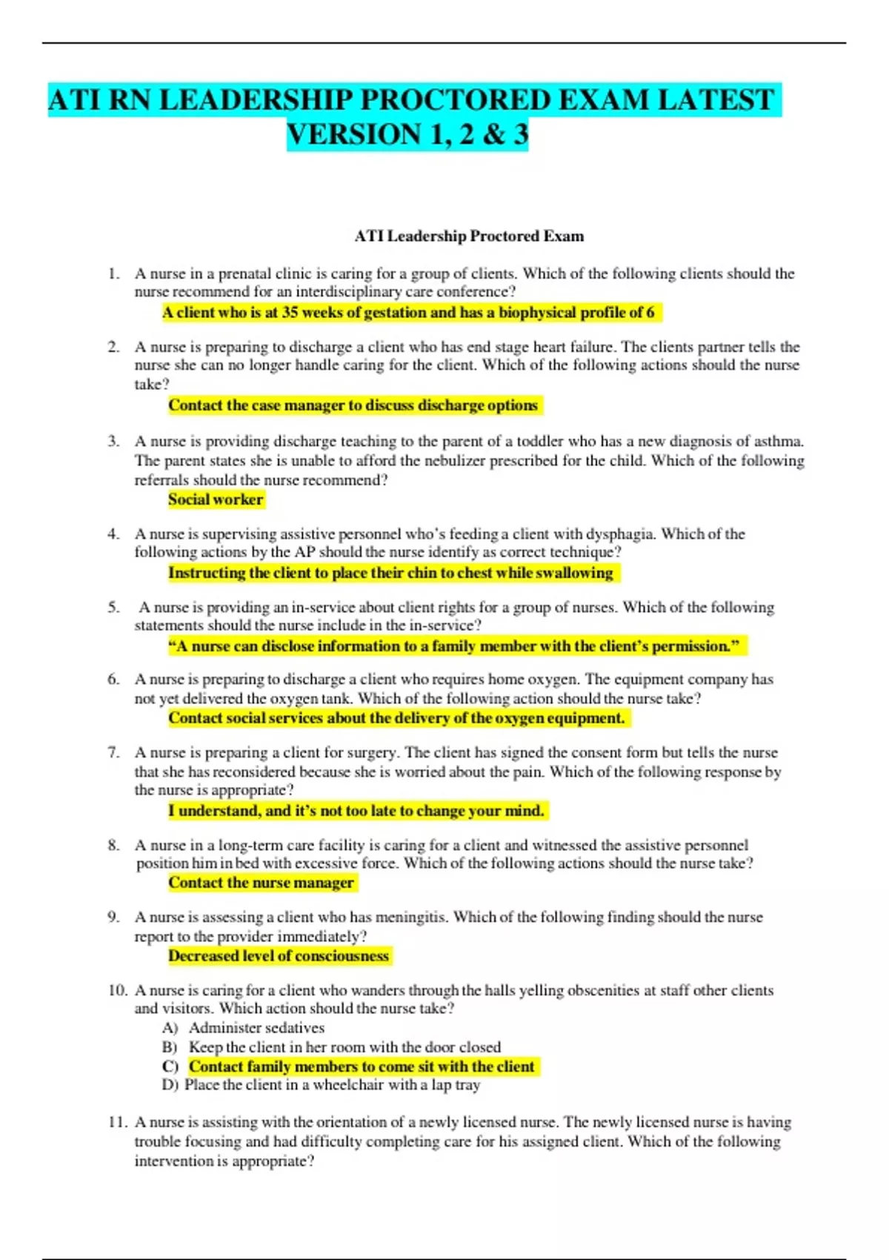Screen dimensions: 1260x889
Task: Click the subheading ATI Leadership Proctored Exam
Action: click(x=469, y=236)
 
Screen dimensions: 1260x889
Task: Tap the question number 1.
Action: click(x=113, y=273)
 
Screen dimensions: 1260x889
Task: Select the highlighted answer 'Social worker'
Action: click(x=216, y=500)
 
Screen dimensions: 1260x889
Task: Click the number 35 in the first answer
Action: click(x=290, y=313)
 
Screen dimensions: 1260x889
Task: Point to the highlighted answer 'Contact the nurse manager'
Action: click(x=261, y=883)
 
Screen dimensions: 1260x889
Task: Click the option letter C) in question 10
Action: click(x=170, y=1067)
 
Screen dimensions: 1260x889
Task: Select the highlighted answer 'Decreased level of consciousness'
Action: click(x=279, y=956)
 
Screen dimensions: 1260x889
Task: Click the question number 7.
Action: click(x=113, y=753)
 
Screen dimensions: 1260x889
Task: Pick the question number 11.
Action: click(x=117, y=1123)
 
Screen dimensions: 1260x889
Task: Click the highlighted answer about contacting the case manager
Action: click(x=353, y=405)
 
